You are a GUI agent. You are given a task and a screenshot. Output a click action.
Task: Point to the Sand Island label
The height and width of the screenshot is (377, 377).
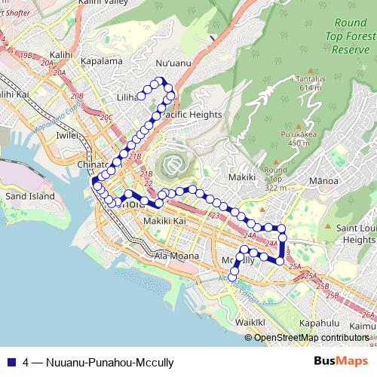pyautogui.click(x=30, y=196)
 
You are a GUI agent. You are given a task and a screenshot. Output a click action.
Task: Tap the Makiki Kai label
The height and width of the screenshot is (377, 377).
pyautogui.click(x=164, y=221)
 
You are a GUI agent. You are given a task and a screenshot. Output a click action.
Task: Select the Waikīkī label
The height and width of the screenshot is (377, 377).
pyautogui.click(x=250, y=322)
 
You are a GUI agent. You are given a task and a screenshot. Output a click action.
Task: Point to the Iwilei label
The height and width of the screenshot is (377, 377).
pyautogui.click(x=67, y=135)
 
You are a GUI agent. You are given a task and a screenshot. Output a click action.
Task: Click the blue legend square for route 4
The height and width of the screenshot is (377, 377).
pyautogui.click(x=11, y=361)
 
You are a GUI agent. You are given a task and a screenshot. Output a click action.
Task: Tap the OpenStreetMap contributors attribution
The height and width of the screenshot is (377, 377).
pyautogui.click(x=311, y=338)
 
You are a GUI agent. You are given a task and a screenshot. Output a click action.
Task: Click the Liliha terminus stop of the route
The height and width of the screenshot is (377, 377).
pyautogui.click(x=141, y=96)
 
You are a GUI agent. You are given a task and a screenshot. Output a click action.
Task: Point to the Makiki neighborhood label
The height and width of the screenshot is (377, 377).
pyautogui.click(x=242, y=177)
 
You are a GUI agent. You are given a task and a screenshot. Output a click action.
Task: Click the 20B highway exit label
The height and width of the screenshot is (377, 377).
pyautogui.click(x=77, y=97)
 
